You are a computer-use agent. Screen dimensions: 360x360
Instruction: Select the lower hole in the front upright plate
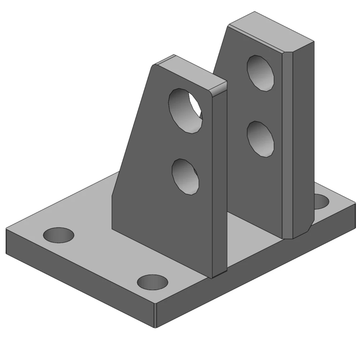click(185, 177)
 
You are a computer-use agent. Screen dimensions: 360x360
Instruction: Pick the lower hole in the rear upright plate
click(260, 139)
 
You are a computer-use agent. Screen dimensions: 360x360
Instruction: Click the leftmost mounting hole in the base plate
click(58, 235)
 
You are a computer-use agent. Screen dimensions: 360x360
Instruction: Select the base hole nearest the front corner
click(153, 282)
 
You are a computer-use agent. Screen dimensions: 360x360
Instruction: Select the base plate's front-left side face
click(79, 277)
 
